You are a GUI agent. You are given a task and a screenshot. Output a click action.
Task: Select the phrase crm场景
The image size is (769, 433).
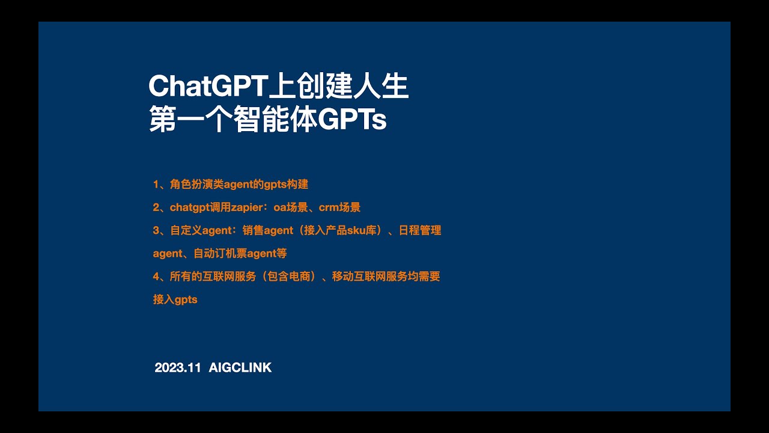click(339, 207)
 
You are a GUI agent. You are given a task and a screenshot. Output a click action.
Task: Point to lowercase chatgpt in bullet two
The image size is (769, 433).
click(189, 207)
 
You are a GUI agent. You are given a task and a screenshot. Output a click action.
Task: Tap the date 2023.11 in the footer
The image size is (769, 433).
click(177, 367)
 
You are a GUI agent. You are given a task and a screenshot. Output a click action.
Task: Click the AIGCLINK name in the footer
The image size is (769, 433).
click(240, 367)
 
